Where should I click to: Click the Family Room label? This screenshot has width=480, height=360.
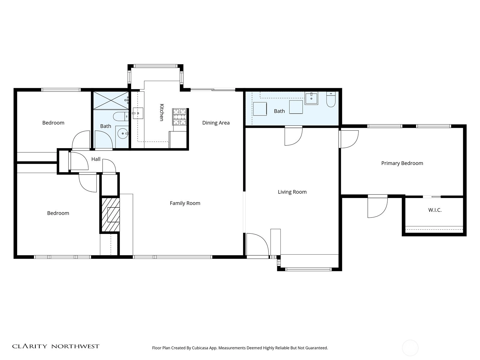185,203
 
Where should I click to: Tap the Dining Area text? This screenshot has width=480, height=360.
216,123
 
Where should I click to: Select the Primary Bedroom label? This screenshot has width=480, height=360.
402,163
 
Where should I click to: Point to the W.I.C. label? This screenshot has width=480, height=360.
435,210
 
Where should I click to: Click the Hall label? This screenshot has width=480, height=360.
96,159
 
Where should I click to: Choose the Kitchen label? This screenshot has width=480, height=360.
162,112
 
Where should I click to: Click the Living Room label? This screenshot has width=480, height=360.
292,192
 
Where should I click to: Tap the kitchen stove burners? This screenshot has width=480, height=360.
179,117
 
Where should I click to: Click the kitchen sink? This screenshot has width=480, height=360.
138,113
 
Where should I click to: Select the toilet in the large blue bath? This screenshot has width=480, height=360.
331,100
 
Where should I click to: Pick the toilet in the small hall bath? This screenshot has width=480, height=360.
121,116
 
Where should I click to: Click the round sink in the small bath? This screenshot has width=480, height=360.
123,133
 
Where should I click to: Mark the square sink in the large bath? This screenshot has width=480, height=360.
311,98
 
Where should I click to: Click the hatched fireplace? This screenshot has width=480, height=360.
110,214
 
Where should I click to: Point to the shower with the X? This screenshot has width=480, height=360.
111,100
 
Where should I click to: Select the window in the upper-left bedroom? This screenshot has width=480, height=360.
61,90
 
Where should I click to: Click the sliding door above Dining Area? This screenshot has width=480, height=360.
213,90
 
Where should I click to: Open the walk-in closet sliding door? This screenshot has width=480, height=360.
432,197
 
